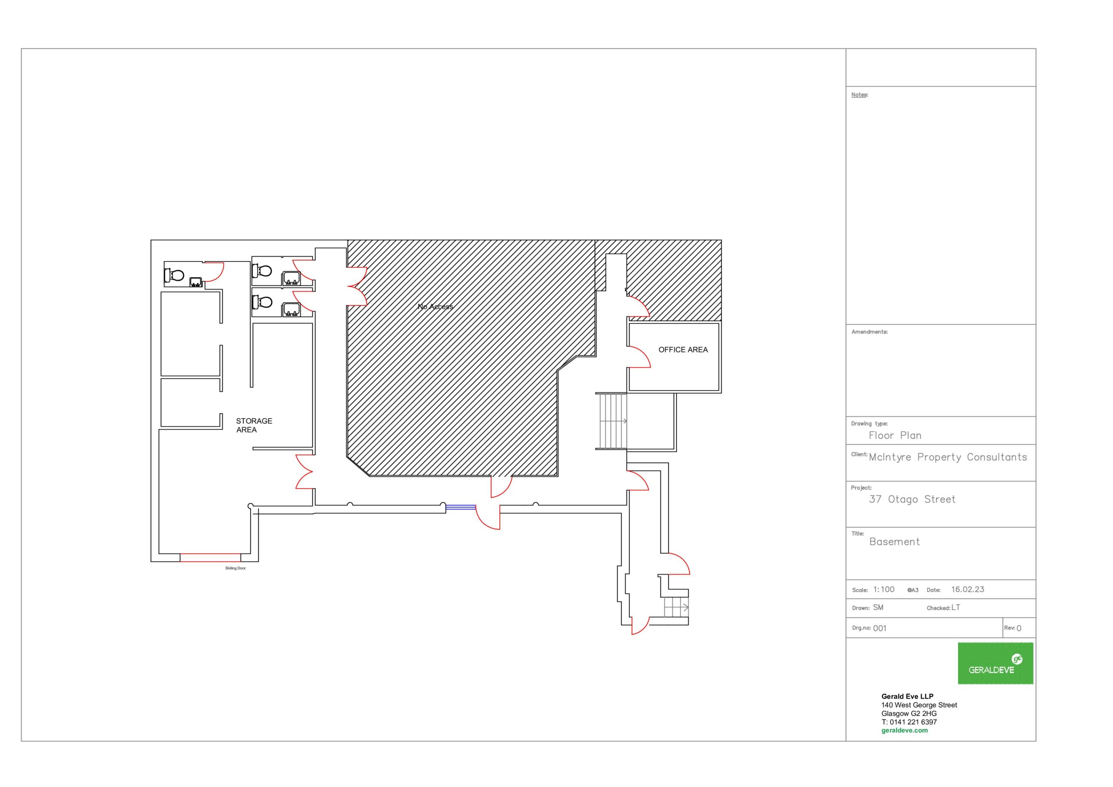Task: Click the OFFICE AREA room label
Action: (x=683, y=350)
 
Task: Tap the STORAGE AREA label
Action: (x=254, y=425)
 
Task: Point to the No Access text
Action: (x=435, y=307)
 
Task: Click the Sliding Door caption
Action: (x=236, y=568)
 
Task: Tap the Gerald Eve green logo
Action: (x=995, y=663)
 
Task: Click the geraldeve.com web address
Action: (x=905, y=730)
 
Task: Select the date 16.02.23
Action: (x=968, y=589)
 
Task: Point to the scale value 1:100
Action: (x=884, y=589)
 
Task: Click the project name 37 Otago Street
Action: (x=912, y=499)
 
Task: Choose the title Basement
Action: (x=894, y=542)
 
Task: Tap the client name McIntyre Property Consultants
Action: (x=948, y=457)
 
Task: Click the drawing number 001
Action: (x=880, y=628)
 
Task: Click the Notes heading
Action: (x=860, y=94)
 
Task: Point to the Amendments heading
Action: (x=870, y=332)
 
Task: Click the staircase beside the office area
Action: (x=611, y=421)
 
